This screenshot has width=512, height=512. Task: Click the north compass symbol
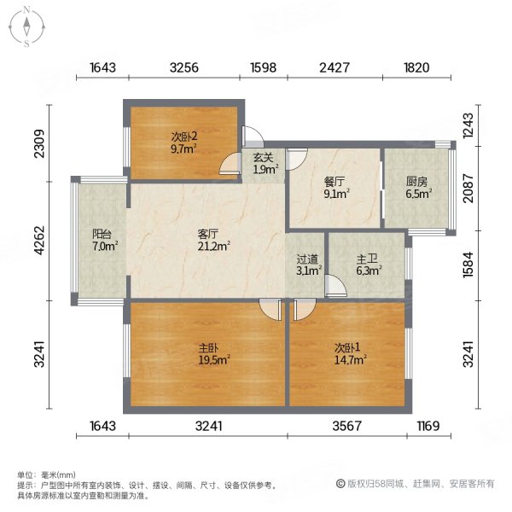28,26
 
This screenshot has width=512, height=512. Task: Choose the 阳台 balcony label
102,239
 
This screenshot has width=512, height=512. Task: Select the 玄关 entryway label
264,156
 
